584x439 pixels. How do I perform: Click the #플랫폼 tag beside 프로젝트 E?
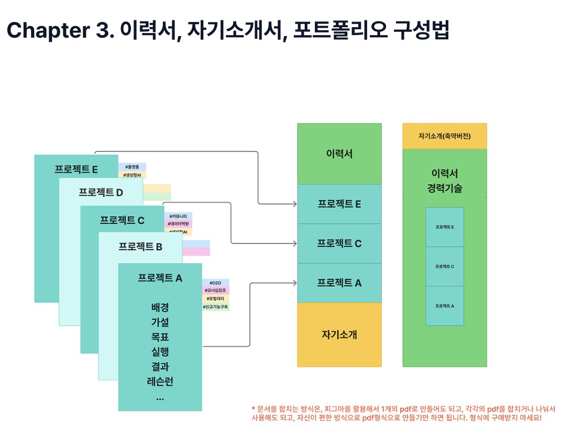(x=132, y=166)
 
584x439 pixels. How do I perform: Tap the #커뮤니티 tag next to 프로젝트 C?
(x=178, y=216)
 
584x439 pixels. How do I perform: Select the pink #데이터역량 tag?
(x=178, y=223)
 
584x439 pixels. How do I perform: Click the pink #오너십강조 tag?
(x=215, y=290)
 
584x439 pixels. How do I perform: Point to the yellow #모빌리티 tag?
(x=215, y=298)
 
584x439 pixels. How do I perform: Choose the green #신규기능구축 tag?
(x=215, y=307)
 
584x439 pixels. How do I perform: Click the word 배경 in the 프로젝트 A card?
(x=160, y=307)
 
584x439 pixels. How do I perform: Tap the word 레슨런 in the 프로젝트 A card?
(x=160, y=381)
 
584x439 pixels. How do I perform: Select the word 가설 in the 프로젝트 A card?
(x=160, y=322)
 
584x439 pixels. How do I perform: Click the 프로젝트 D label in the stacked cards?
(x=101, y=192)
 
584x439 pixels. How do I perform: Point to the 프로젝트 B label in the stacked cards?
(x=140, y=246)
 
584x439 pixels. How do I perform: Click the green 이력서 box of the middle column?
(x=339, y=154)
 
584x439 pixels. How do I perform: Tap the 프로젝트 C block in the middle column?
(x=339, y=243)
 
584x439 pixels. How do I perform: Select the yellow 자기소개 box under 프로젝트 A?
(x=339, y=335)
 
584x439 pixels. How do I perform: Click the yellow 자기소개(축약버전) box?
(x=444, y=136)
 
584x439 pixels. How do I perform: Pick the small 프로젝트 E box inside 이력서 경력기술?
(x=444, y=227)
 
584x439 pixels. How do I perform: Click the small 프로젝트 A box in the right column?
(x=444, y=306)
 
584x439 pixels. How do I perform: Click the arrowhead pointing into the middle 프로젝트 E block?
(x=294, y=204)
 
